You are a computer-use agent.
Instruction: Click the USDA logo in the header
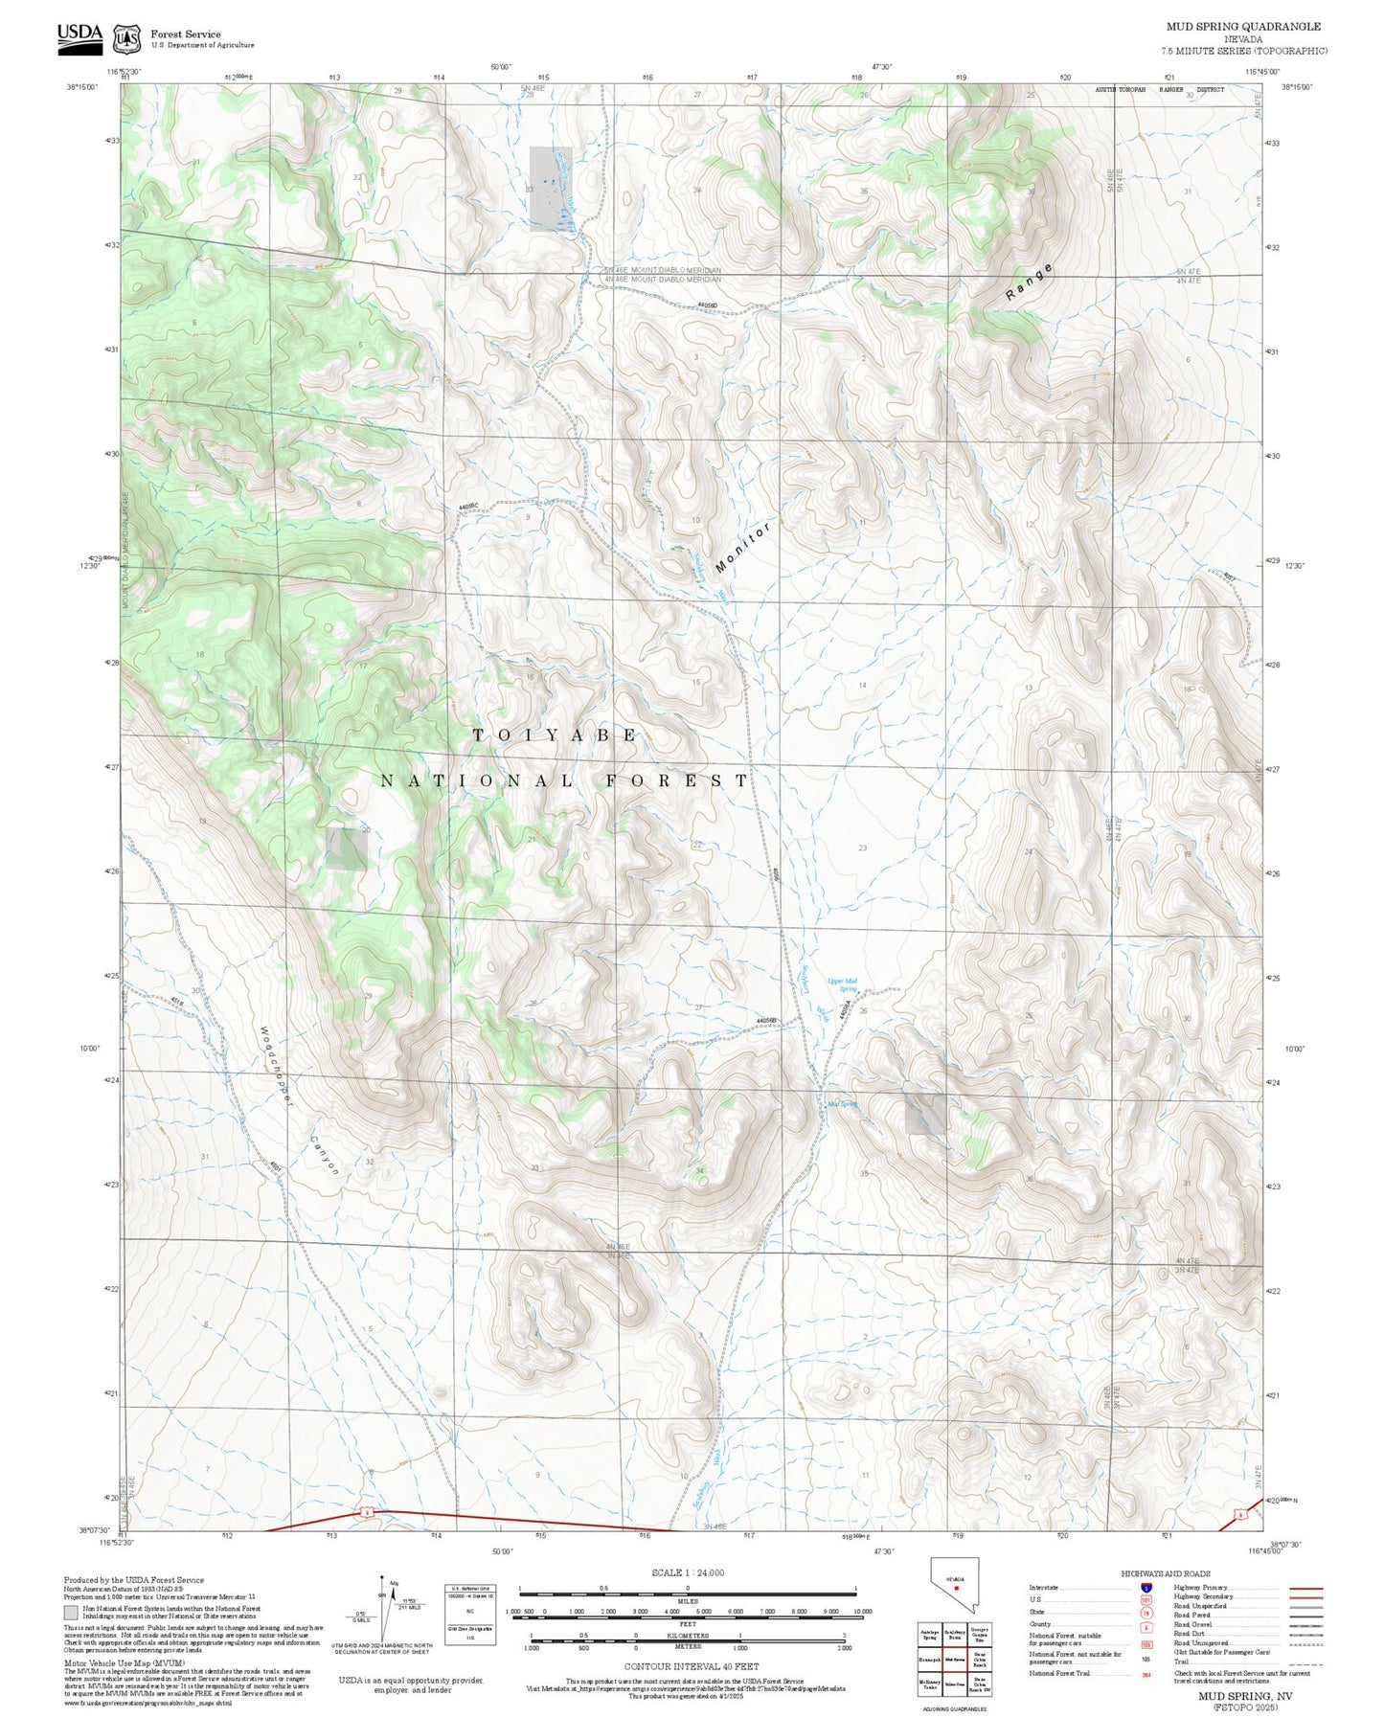[x=79, y=34]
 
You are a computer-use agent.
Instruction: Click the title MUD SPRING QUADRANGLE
[x=1243, y=26]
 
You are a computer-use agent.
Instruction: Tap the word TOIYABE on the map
[x=555, y=735]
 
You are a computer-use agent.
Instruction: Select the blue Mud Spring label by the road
[x=842, y=1104]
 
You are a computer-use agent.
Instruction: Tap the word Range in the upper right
[x=1030, y=283]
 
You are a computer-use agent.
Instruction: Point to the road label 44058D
[x=707, y=305]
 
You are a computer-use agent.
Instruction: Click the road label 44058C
[x=468, y=506]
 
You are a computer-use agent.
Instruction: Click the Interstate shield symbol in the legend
[x=1146, y=1588]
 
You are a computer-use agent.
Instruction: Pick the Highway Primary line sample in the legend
[x=1305, y=1588]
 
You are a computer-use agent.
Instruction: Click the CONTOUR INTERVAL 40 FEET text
[x=691, y=1666]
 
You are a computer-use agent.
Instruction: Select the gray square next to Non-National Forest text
[x=71, y=1613]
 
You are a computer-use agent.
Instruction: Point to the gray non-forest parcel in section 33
[x=551, y=189]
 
